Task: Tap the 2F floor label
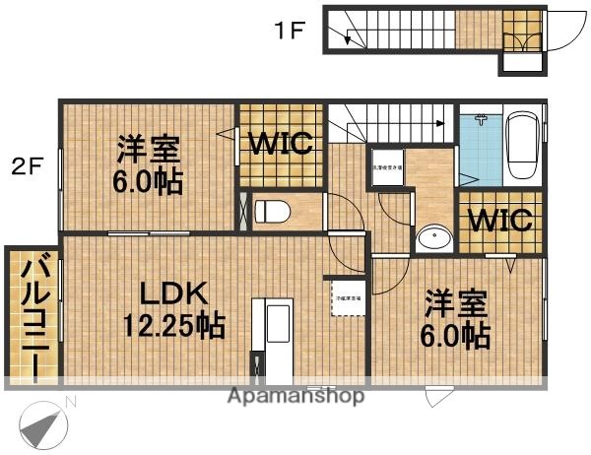click(27, 166)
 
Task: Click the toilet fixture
click(275, 210)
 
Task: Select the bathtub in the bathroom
click(522, 146)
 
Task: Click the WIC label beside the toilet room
click(280, 144)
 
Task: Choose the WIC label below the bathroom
click(499, 219)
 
